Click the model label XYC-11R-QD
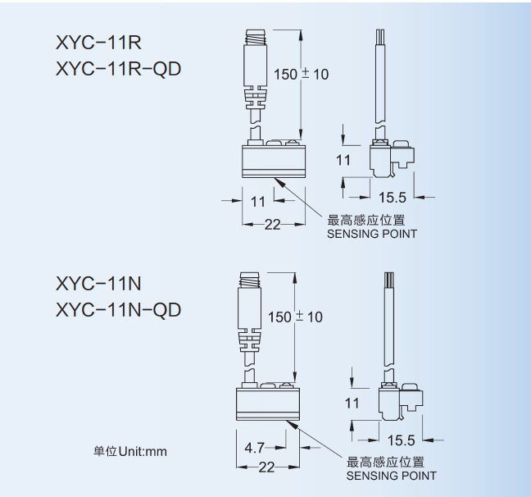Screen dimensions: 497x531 pos(118,68)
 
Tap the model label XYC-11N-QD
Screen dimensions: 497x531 pos(118,309)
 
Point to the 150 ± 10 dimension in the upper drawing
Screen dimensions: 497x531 pos(301,74)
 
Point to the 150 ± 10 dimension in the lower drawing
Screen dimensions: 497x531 pos(295,317)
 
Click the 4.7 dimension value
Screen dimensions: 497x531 pos(255,447)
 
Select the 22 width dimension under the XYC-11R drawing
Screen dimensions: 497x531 pos(272,224)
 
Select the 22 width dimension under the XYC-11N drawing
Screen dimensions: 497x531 pos(266,467)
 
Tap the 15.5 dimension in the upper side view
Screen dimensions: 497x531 pos(393,197)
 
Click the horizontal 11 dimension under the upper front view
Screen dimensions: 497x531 pos(257,201)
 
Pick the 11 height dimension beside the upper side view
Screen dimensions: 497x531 pos(343,160)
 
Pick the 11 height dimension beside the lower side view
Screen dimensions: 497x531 pos(352,403)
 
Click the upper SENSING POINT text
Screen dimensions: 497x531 pos(372,234)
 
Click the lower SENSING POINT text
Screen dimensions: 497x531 pos(391,476)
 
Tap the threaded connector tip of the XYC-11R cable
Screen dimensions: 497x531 pos(256,36)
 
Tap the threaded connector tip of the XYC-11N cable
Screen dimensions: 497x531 pos(250,278)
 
